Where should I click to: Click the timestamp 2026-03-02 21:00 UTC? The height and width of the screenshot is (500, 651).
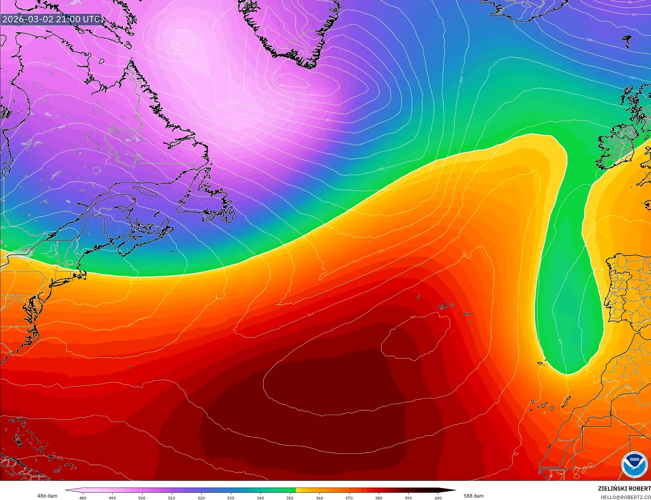pos(51,19)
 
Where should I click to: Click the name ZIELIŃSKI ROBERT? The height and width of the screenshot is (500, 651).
pos(624,489)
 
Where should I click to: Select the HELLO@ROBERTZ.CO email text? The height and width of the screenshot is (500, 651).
pos(625,497)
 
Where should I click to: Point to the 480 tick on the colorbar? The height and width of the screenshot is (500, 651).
pos(83,498)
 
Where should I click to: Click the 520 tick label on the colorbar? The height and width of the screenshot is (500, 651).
pos(201,498)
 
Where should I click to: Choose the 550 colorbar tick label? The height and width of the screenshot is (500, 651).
pos(290,498)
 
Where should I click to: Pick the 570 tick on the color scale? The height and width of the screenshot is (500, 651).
pos(349,498)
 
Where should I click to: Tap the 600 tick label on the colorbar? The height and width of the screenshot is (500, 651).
pos(438,498)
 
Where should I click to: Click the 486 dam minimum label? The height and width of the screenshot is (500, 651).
pos(47,496)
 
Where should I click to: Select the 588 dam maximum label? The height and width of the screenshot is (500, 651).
pos(473,496)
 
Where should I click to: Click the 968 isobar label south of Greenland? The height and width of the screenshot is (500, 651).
pos(281,86)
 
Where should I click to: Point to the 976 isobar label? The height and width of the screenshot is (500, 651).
pos(315,102)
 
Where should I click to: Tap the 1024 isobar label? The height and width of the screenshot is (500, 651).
pos(310,315)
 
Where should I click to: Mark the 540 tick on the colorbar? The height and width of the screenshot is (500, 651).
pos(260,498)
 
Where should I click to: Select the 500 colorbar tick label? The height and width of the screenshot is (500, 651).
pos(142,498)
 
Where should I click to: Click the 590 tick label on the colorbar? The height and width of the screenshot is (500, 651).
pos(408,498)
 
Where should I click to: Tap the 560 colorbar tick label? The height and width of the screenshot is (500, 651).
pos(320,498)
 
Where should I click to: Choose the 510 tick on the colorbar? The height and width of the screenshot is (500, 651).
pos(172,498)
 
